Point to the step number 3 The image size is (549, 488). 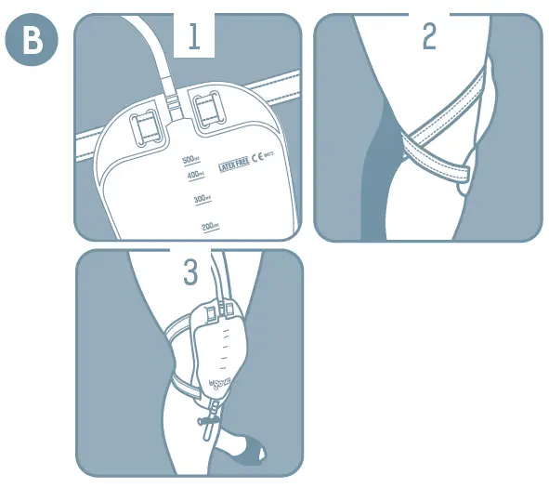point(190,272)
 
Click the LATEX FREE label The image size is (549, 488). point(233,165)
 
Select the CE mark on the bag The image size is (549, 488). point(259,158)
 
